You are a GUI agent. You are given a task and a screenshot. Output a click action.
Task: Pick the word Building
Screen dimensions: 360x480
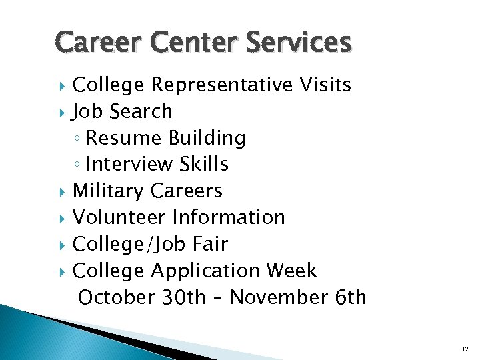click(x=207, y=138)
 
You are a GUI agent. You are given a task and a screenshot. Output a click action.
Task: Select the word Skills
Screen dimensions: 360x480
click(x=207, y=165)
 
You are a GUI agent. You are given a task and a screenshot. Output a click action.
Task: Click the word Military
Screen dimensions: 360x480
click(x=108, y=191)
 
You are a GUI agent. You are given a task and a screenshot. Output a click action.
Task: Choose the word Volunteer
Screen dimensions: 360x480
click(x=119, y=218)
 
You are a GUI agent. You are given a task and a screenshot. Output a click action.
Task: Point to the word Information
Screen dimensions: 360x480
click(x=229, y=218)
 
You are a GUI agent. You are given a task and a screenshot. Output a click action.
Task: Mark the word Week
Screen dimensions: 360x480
click(x=291, y=271)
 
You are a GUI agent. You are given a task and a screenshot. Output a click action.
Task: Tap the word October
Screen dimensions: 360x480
click(x=117, y=297)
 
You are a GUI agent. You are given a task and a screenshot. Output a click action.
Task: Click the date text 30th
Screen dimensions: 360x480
click(x=184, y=297)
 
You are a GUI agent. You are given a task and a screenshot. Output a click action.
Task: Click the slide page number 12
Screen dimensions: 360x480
click(x=465, y=349)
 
